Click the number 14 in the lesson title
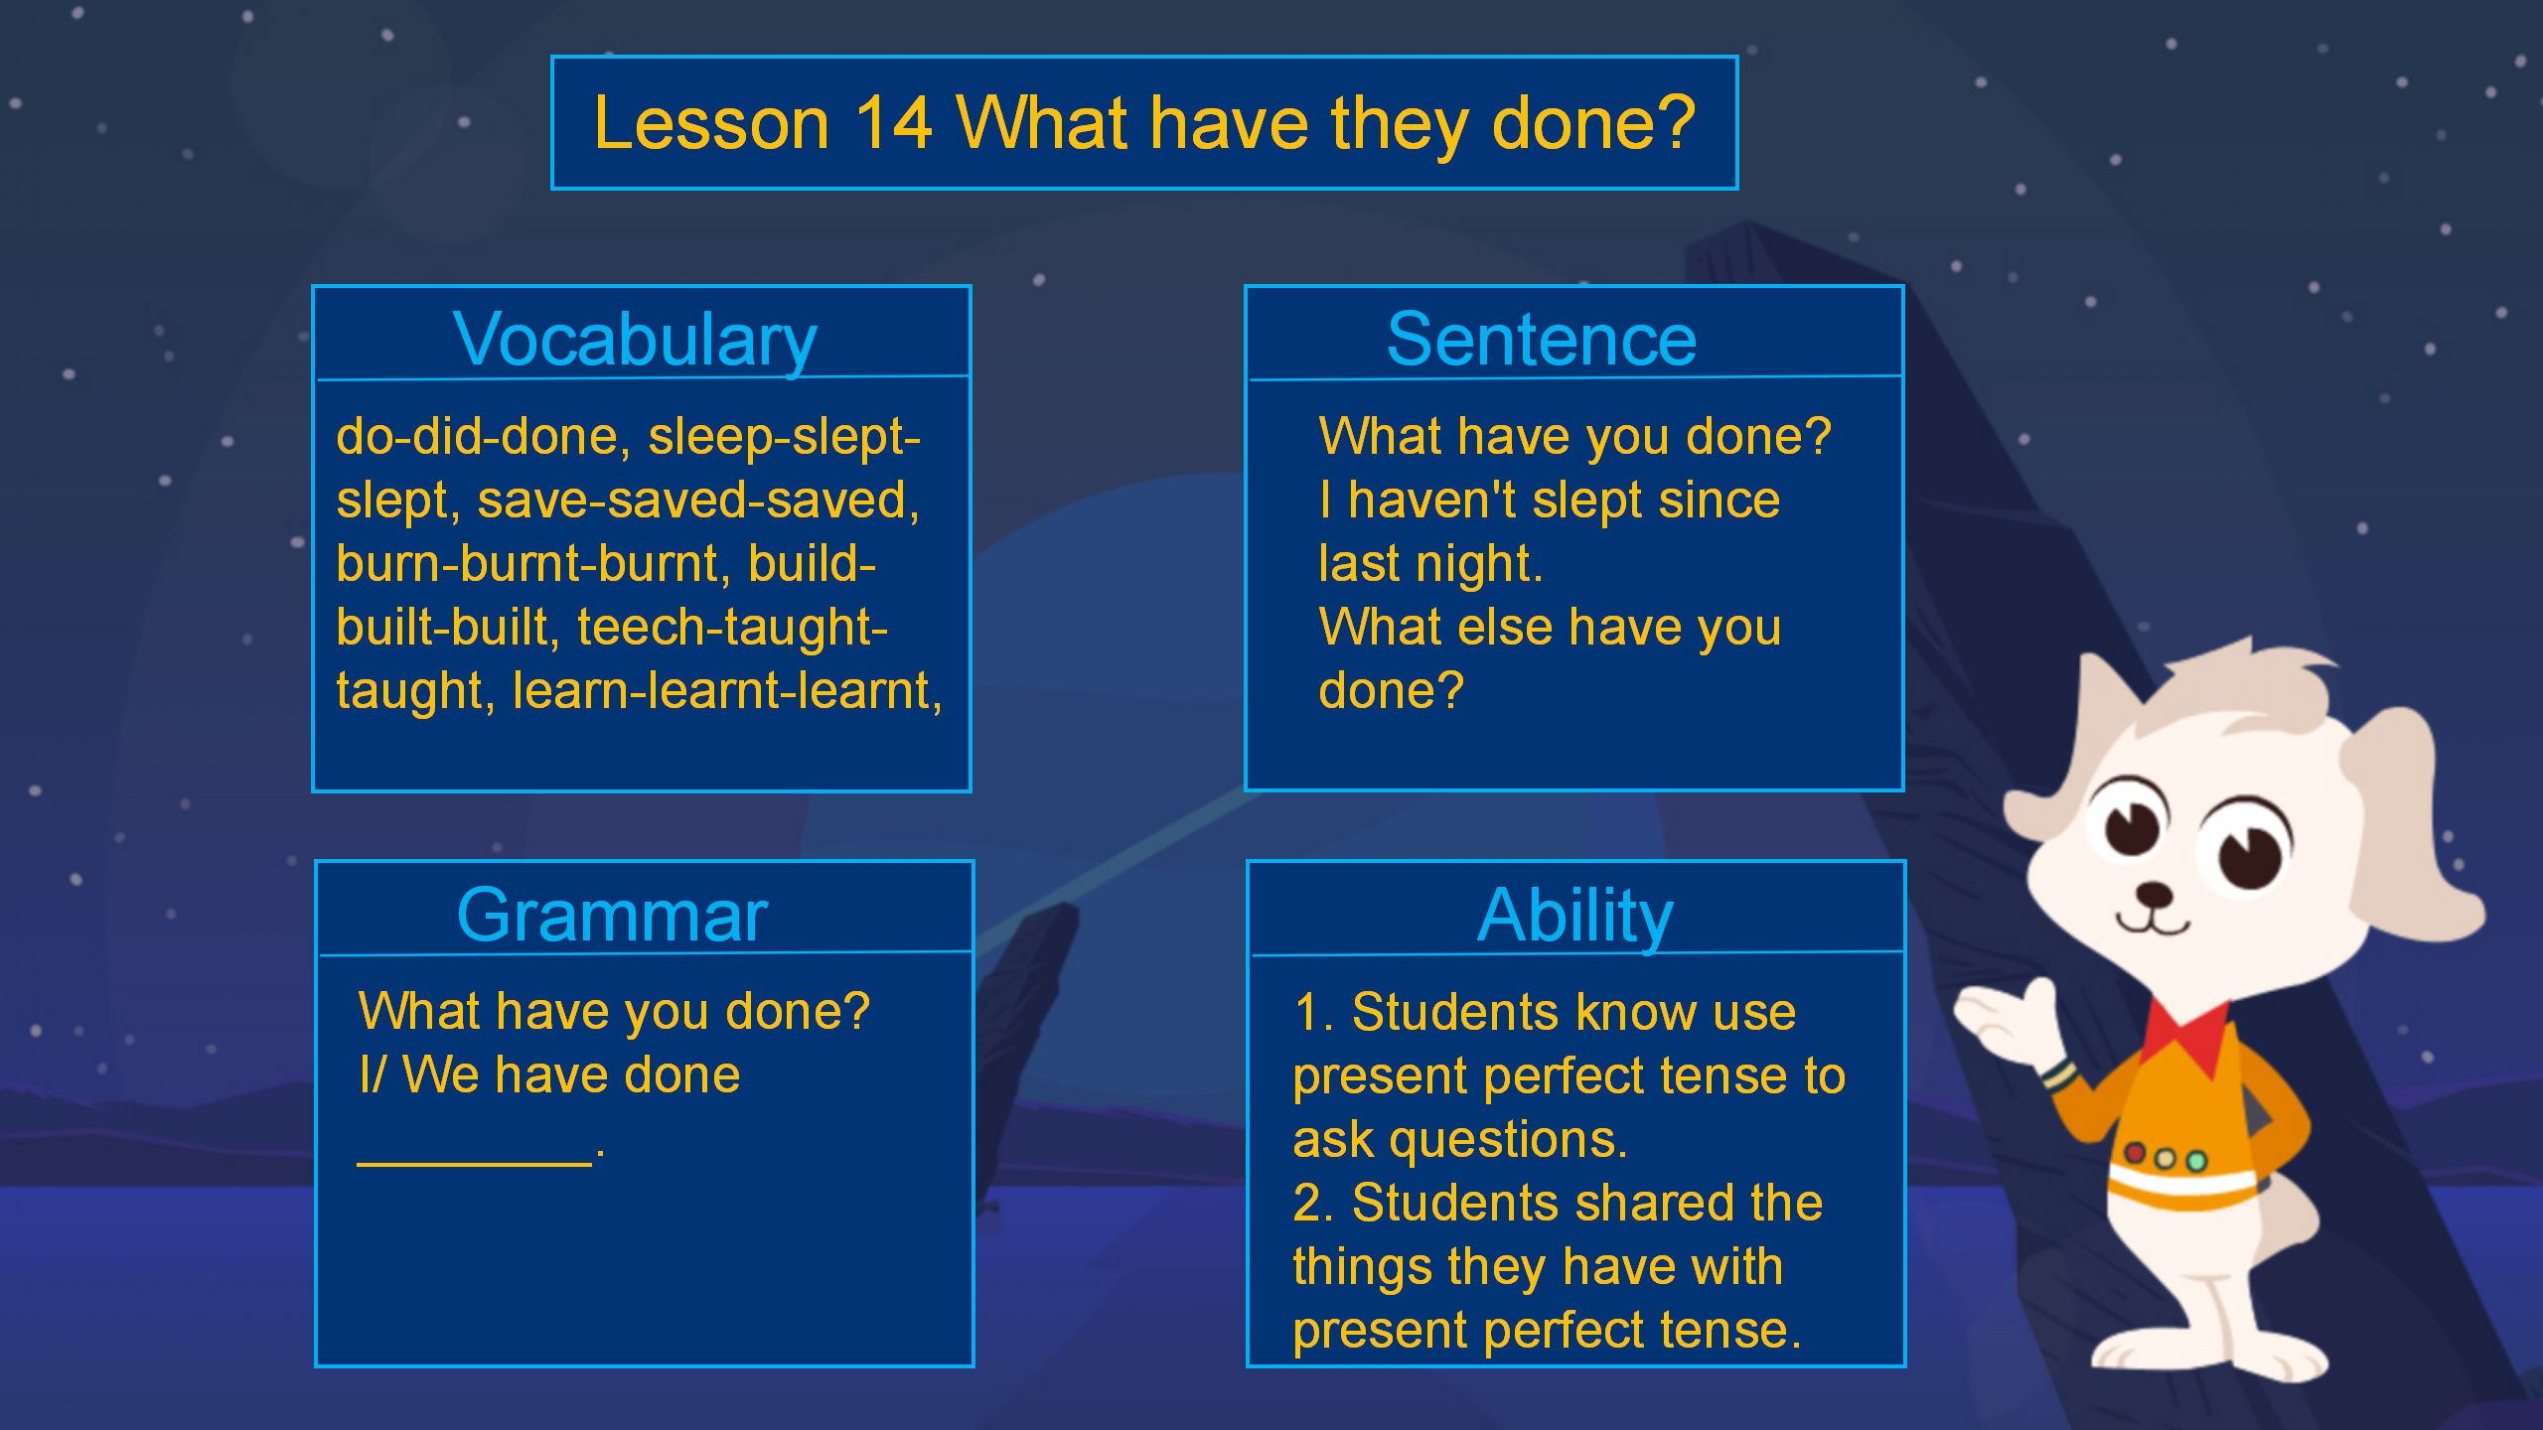click(893, 123)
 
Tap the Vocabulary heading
click(635, 340)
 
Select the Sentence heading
click(1542, 340)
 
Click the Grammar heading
click(612, 915)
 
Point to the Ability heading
click(1575, 915)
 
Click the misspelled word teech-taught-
click(732, 627)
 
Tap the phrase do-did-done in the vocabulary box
click(478, 436)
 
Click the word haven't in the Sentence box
click(1431, 500)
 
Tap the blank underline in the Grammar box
click(475, 1163)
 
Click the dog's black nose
click(2155, 895)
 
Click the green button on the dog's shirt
click(2197, 1160)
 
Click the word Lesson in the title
click(711, 123)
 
